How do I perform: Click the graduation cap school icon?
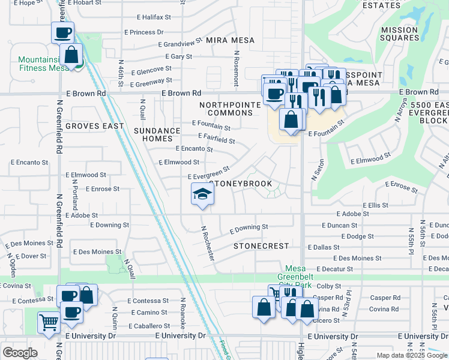202,194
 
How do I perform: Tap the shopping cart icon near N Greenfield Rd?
49,322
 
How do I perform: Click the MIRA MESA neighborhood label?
230,40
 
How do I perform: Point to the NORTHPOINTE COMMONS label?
231,109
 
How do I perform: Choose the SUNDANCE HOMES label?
157,134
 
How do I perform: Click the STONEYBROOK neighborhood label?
241,184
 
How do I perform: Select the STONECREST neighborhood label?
261,246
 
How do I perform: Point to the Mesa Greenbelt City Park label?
294,277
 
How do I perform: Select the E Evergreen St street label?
208,173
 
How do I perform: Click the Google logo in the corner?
20,352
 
